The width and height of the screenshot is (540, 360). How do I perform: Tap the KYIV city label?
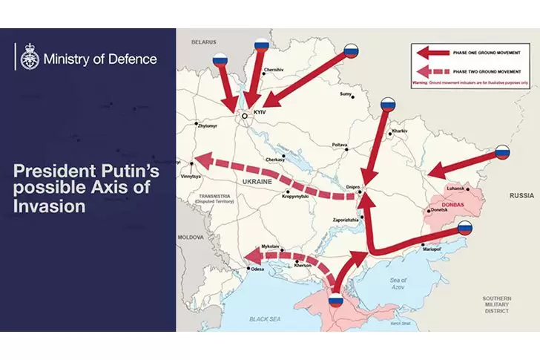(258, 111)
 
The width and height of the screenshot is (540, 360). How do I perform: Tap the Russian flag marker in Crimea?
(336, 301)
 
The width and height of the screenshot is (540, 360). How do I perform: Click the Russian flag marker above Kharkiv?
(388, 105)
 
